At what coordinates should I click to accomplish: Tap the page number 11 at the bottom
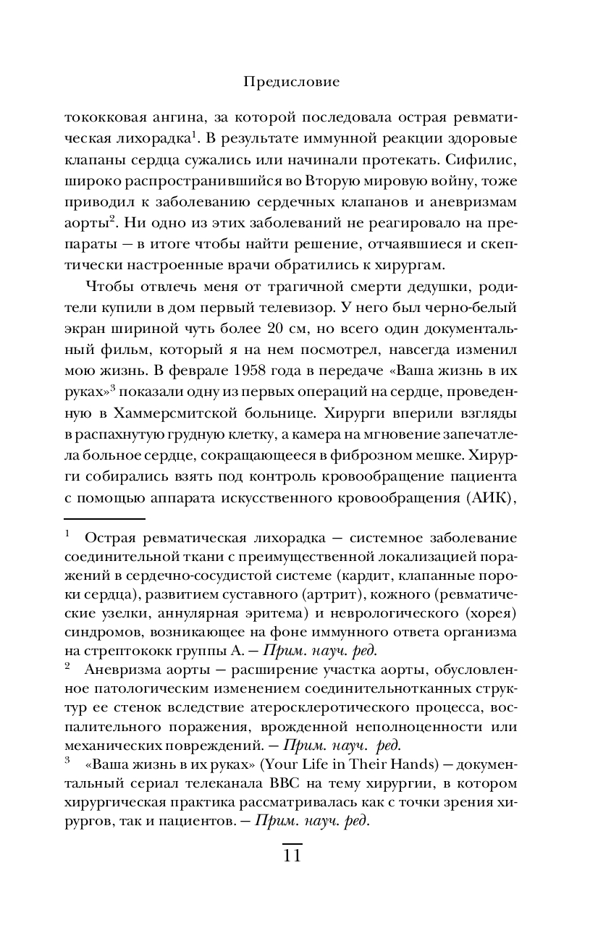(291, 856)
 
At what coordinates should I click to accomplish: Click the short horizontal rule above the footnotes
(104, 518)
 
